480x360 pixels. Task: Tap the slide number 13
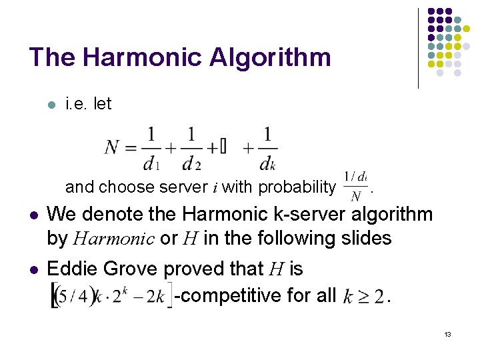447,333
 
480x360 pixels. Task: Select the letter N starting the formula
112,147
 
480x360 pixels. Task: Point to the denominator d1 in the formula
151,162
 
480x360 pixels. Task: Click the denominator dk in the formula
267,162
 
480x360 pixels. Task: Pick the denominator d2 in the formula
192,162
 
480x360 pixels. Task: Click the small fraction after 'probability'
355,186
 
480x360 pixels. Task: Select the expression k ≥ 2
363,295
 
